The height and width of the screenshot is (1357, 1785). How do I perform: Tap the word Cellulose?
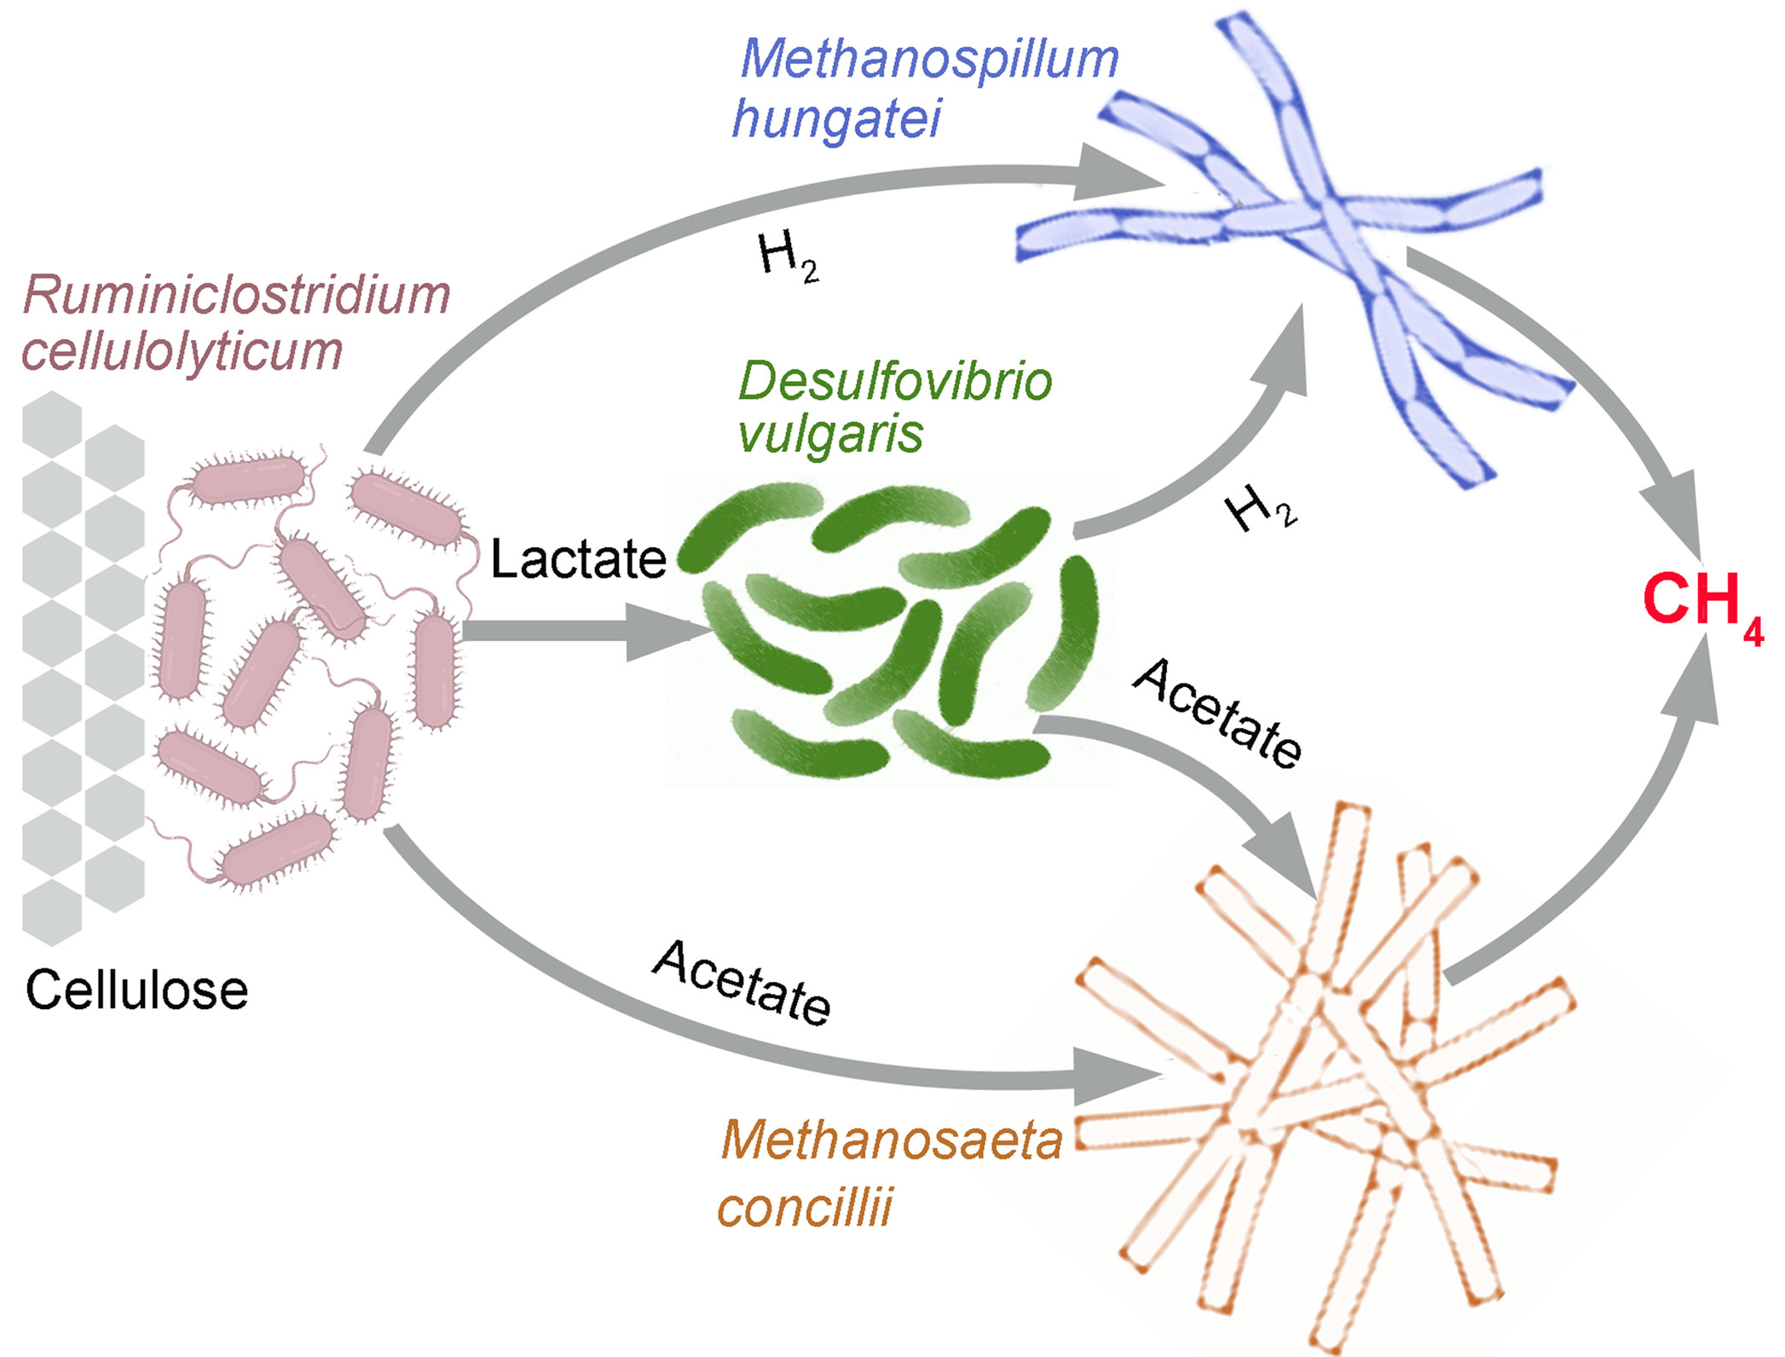(x=136, y=990)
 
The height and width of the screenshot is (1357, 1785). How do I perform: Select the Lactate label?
(x=578, y=559)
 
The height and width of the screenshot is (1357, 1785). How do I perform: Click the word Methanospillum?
(x=928, y=60)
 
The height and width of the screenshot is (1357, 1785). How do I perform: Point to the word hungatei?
(x=836, y=119)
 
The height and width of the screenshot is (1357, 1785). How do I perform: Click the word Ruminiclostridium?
(x=236, y=295)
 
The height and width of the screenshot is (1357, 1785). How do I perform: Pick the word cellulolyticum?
(x=182, y=351)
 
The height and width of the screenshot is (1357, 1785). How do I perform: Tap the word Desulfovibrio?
(x=894, y=381)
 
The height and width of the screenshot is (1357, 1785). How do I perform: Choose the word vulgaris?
(x=830, y=435)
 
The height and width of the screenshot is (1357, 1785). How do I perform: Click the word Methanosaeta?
(x=892, y=1140)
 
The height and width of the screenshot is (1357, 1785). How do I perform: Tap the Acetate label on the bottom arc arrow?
(x=742, y=983)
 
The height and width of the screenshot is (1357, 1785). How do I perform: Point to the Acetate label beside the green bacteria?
(x=1218, y=714)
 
